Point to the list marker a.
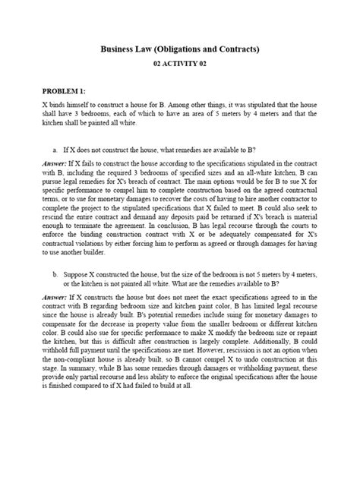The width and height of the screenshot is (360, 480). coord(55,150)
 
